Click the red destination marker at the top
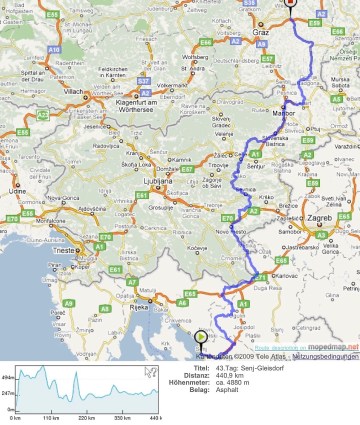tap(290, 4)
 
